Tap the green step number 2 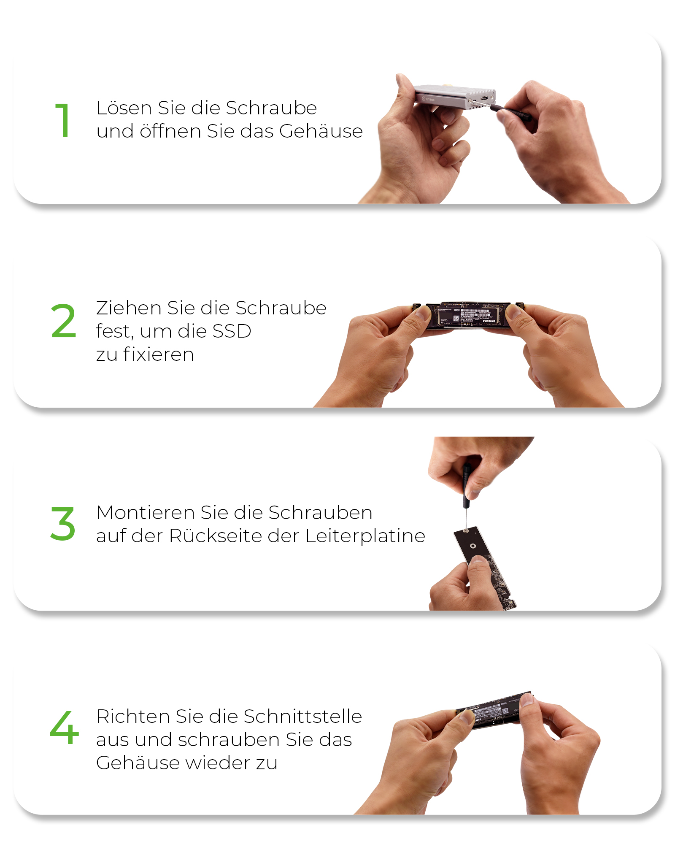coord(63,321)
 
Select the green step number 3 coord(63,524)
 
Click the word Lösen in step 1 coord(124,108)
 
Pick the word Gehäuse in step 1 coord(321,131)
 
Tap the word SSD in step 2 coord(232,331)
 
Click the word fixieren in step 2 coord(159,354)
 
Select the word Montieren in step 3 coord(146,513)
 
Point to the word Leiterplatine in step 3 coord(365,536)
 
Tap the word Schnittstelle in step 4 coord(302,717)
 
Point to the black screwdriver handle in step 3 coord(466,485)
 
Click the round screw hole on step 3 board coord(473,546)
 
